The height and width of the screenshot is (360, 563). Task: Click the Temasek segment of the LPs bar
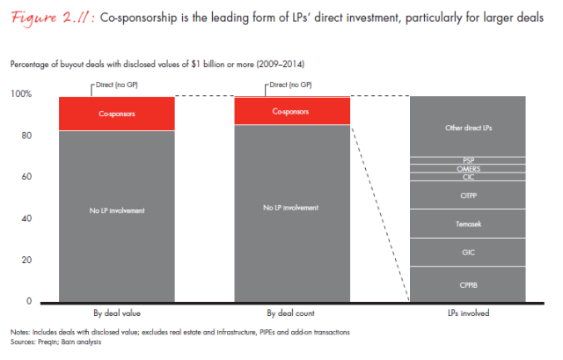point(468,224)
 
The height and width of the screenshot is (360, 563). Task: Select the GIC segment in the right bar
point(468,252)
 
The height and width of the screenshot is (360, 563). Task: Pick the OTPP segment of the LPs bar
point(468,195)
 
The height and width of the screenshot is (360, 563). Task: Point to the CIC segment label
point(468,177)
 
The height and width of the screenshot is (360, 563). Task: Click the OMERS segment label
point(468,168)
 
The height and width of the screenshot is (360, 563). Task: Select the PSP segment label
point(468,160)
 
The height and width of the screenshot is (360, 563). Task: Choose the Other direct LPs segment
point(468,129)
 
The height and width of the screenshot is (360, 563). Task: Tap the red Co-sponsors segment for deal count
point(292,112)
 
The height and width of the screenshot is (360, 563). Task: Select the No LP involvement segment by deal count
point(292,208)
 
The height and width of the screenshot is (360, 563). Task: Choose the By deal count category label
point(292,313)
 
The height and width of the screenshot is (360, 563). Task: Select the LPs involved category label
point(468,313)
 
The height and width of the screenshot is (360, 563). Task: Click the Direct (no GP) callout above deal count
point(291,85)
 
